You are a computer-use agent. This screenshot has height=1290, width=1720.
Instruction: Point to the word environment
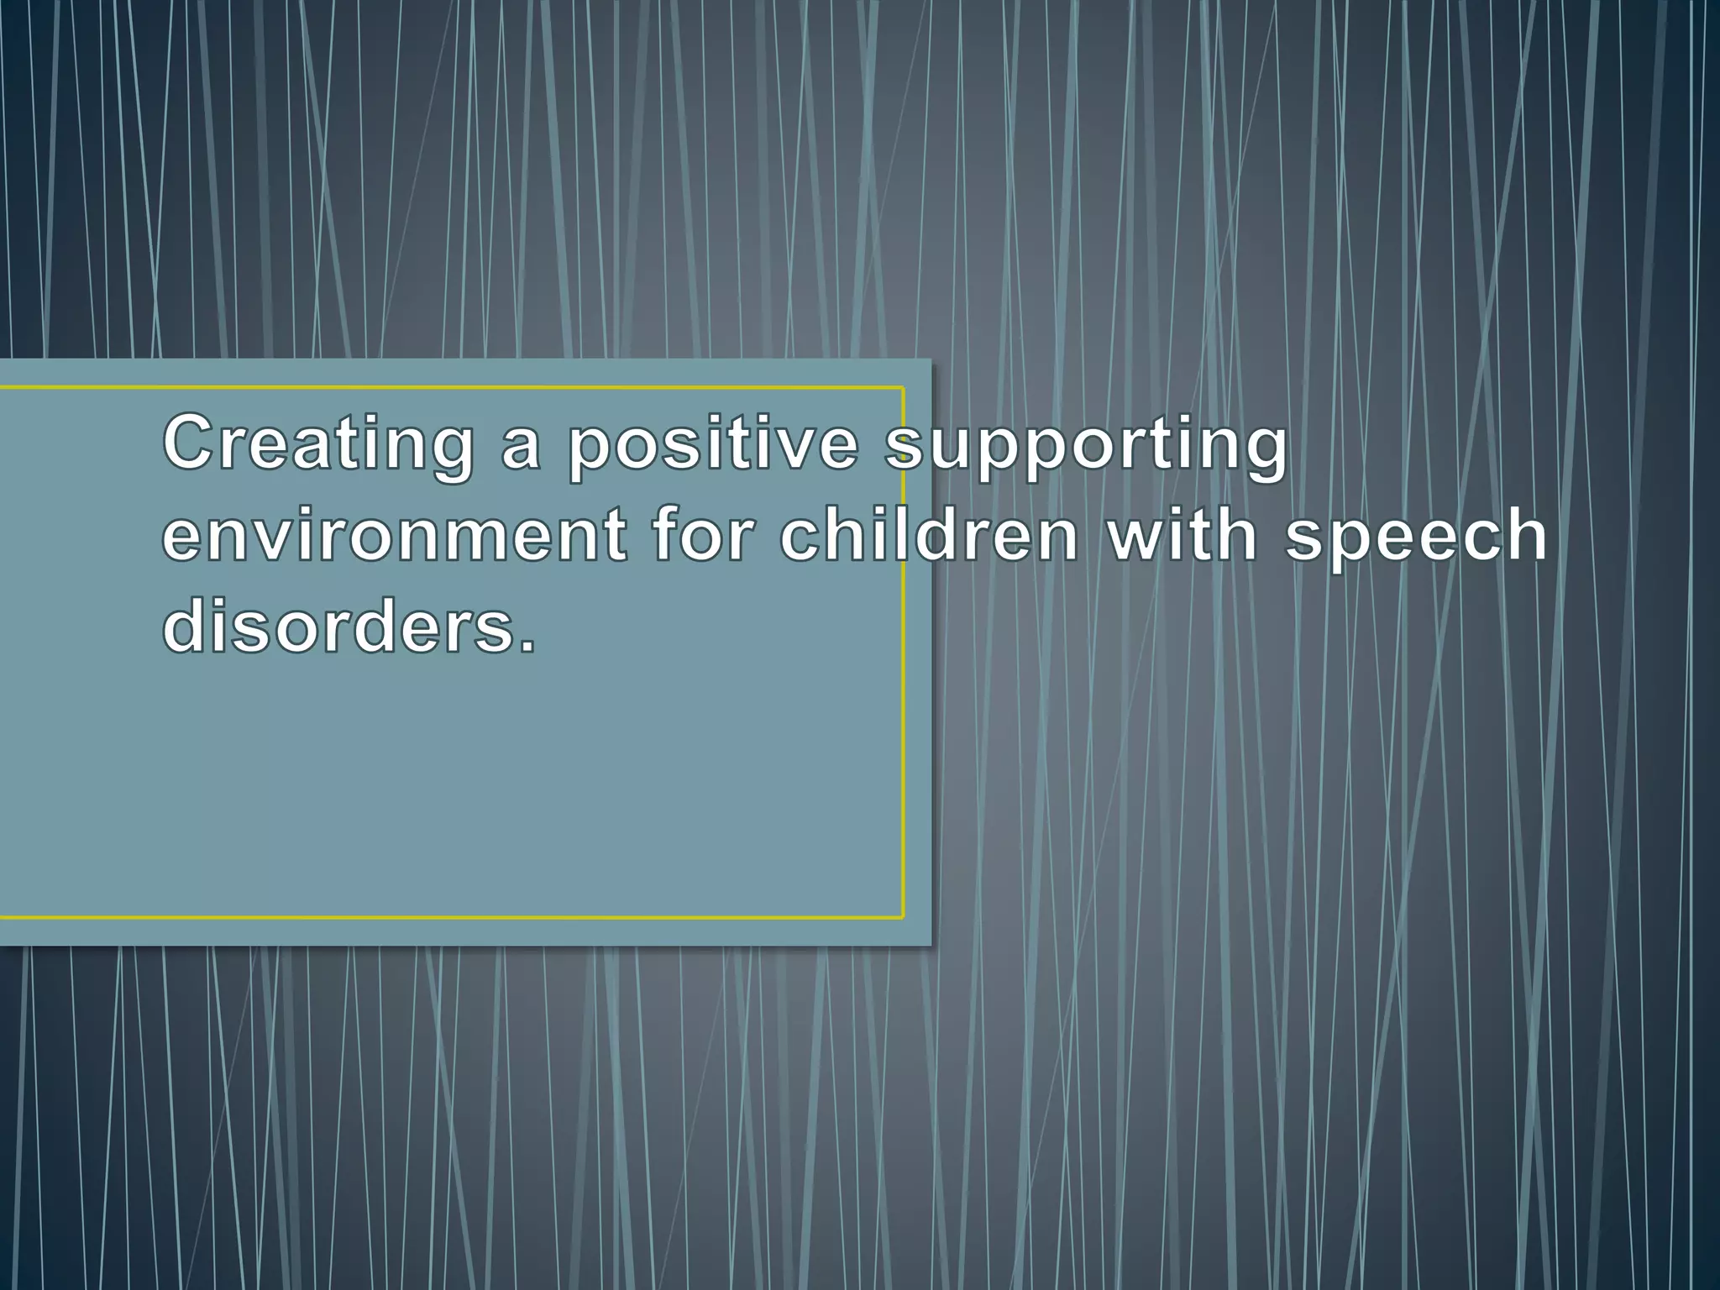pos(394,536)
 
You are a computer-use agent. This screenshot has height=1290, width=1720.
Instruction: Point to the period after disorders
pos(527,647)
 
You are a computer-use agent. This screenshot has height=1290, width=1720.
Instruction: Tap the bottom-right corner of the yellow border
pos(903,917)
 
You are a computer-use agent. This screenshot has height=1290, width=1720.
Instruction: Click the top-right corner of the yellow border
pos(903,388)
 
